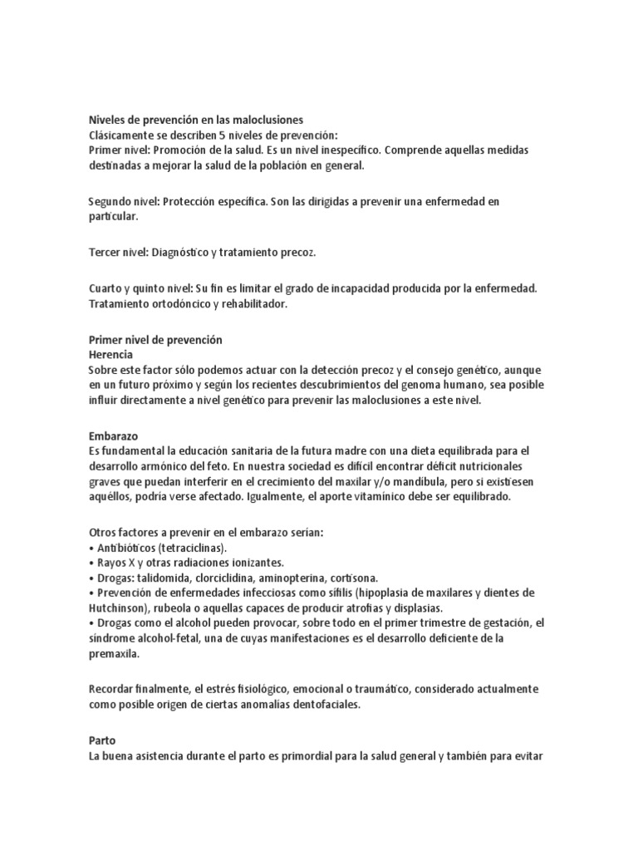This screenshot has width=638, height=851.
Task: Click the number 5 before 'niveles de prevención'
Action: pyautogui.click(x=219, y=135)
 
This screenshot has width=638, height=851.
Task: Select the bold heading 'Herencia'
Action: pyautogui.click(x=110, y=355)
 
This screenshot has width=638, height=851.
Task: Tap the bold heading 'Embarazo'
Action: pyautogui.click(x=113, y=435)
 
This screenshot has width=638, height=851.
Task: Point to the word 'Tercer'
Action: pyautogui.click(x=106, y=251)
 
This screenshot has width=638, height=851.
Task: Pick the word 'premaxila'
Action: pyautogui.click(x=115, y=653)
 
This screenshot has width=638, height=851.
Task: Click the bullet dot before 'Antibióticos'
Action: pyautogui.click(x=90, y=548)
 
